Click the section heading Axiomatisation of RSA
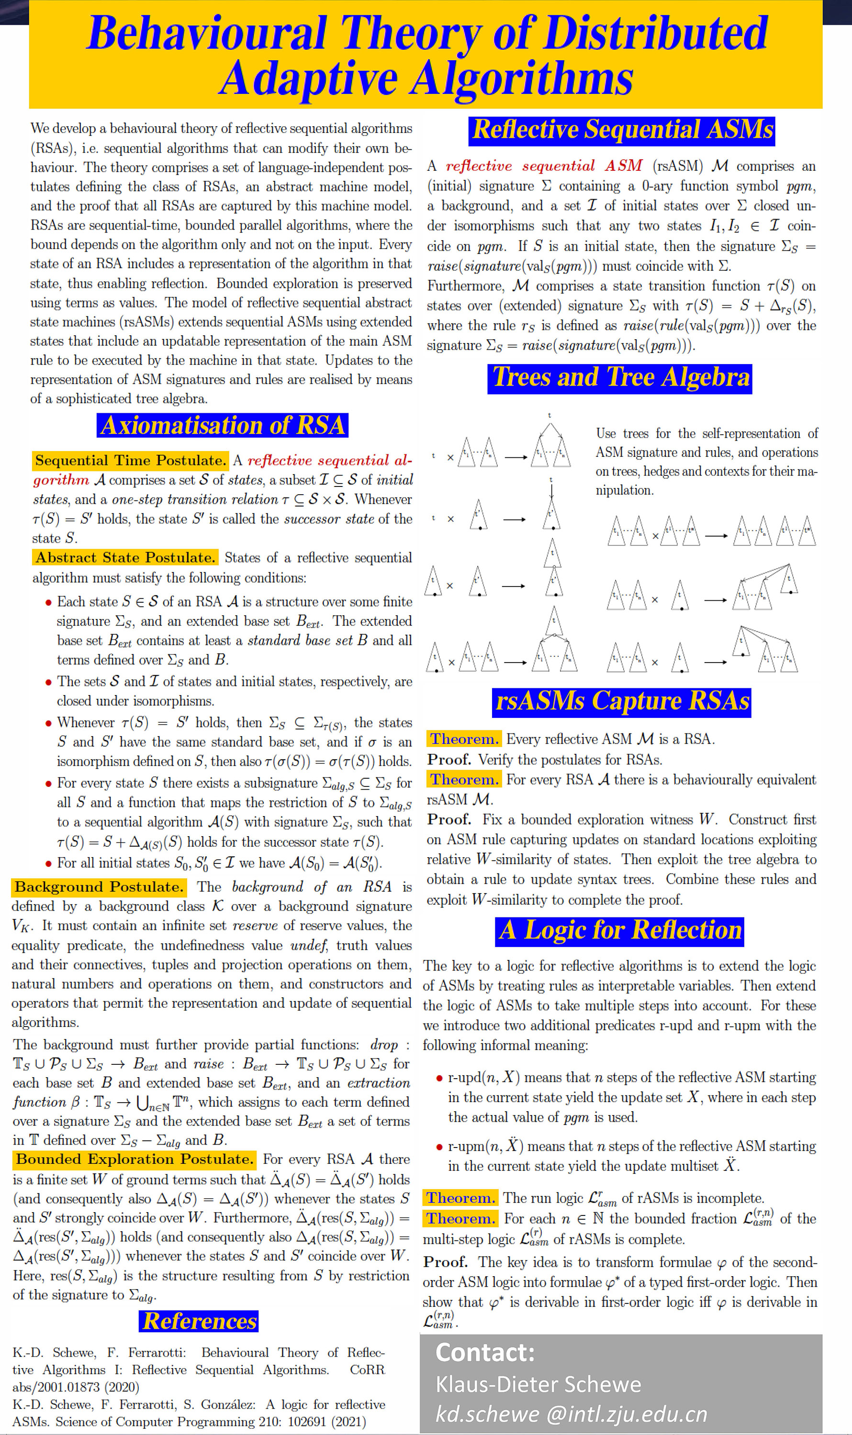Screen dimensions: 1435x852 click(222, 425)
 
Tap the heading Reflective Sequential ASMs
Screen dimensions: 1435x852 click(621, 130)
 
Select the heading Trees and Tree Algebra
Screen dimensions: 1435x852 click(620, 377)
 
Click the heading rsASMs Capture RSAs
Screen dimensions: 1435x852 click(622, 701)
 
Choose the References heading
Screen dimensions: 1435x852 click(199, 1321)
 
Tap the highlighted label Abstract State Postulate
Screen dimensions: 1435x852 click(125, 557)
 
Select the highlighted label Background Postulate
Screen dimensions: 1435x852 click(99, 887)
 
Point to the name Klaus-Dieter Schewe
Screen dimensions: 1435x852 click(538, 1384)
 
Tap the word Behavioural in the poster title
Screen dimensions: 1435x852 click(207, 33)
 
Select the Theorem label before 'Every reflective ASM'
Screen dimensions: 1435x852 click(464, 739)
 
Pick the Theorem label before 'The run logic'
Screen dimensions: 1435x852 click(460, 1198)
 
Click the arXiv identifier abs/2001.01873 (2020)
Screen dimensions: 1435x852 click(76, 1387)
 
